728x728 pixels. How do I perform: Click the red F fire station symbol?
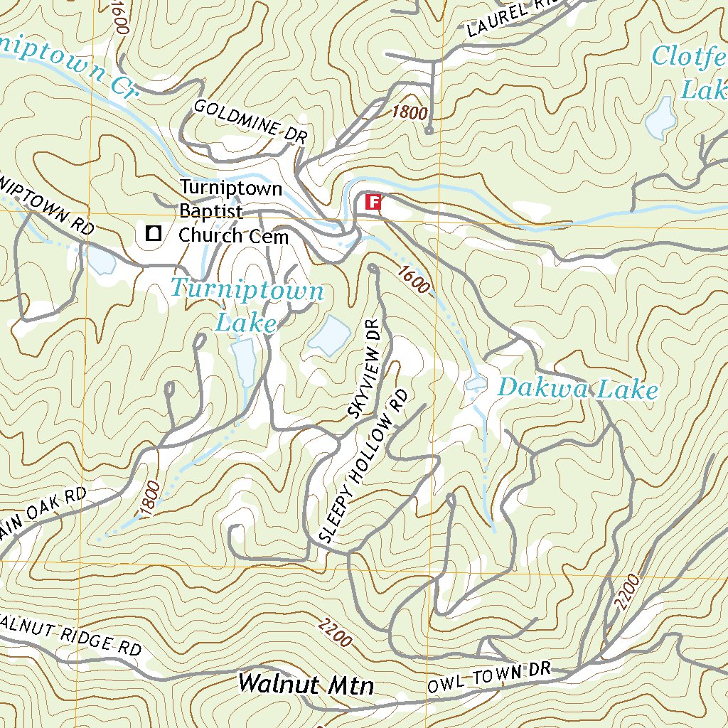pos(373,203)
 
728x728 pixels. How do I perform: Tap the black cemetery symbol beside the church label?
pos(153,232)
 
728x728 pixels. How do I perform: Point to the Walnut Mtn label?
pos(306,684)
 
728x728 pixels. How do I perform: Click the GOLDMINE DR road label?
pos(250,122)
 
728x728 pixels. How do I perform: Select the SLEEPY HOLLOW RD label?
pos(364,466)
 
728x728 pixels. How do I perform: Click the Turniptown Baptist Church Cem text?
pos(232,212)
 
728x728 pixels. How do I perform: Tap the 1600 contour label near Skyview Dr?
pos(414,279)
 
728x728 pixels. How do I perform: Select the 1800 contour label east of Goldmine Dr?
pos(409,112)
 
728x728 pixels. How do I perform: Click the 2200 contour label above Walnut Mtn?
pos(335,633)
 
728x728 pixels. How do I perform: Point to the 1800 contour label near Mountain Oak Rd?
pos(150,498)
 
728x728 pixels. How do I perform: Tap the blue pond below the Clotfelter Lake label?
pos(659,117)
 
